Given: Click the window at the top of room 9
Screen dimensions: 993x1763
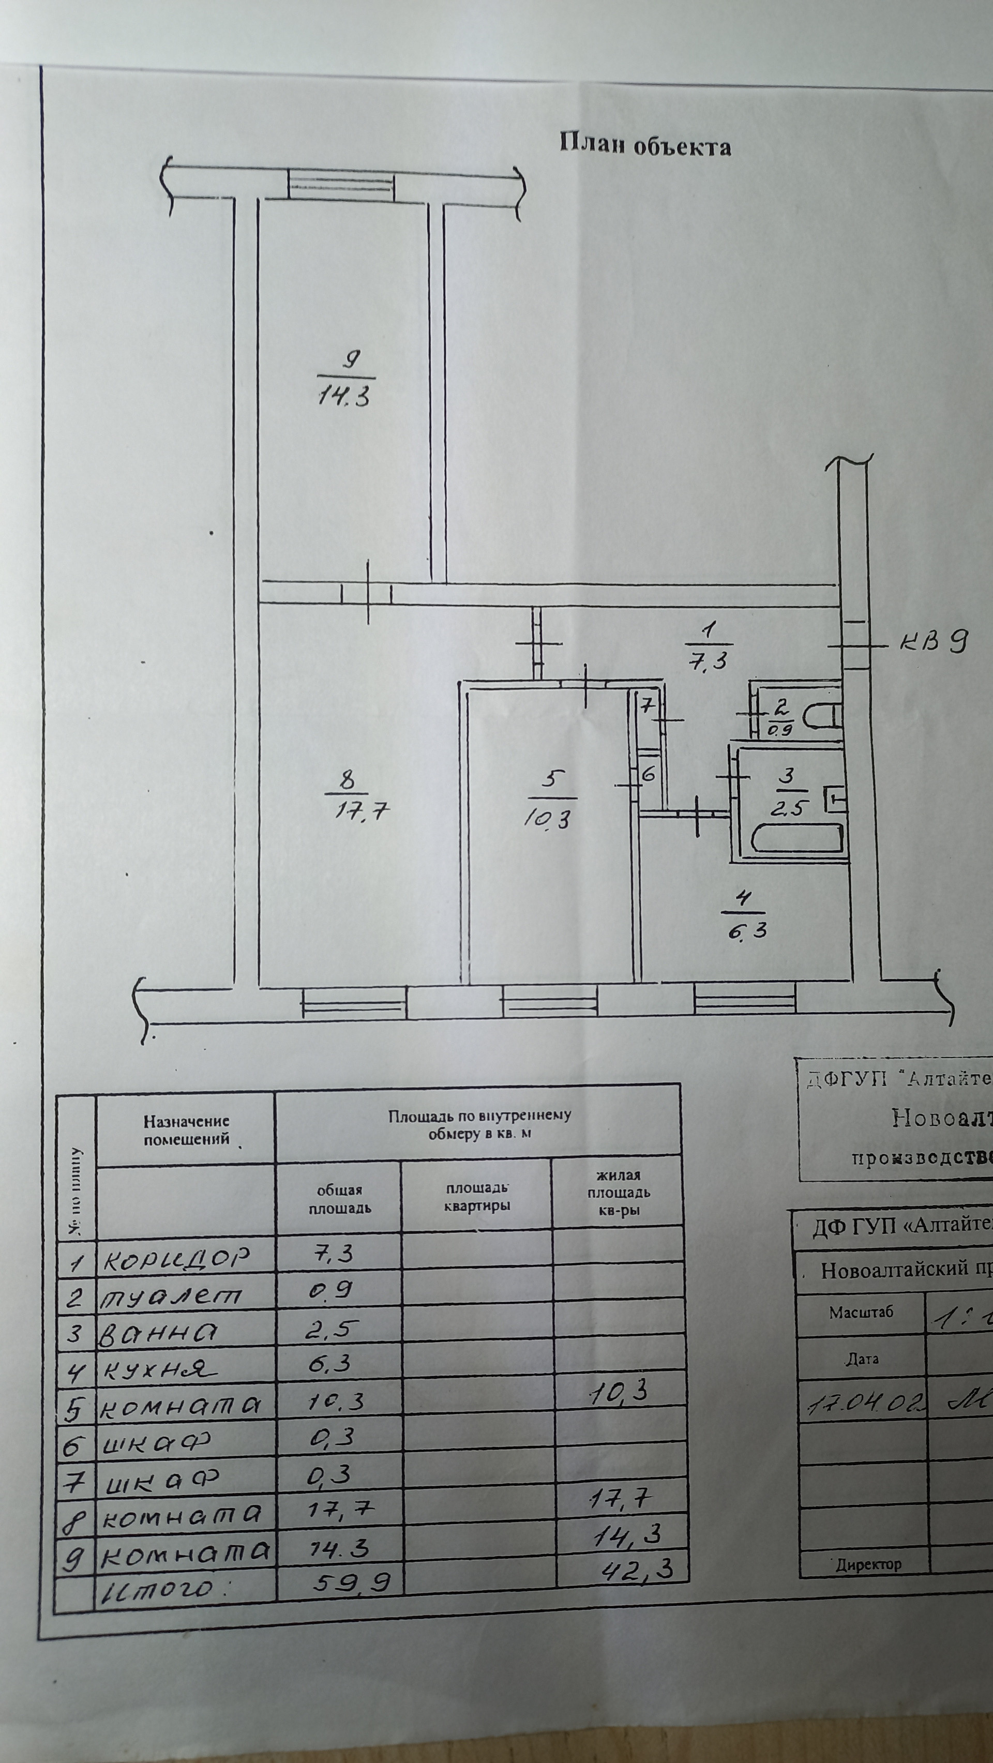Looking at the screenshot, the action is pos(341,185).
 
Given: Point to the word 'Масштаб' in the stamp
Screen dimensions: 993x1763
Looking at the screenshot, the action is pos(861,1313).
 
